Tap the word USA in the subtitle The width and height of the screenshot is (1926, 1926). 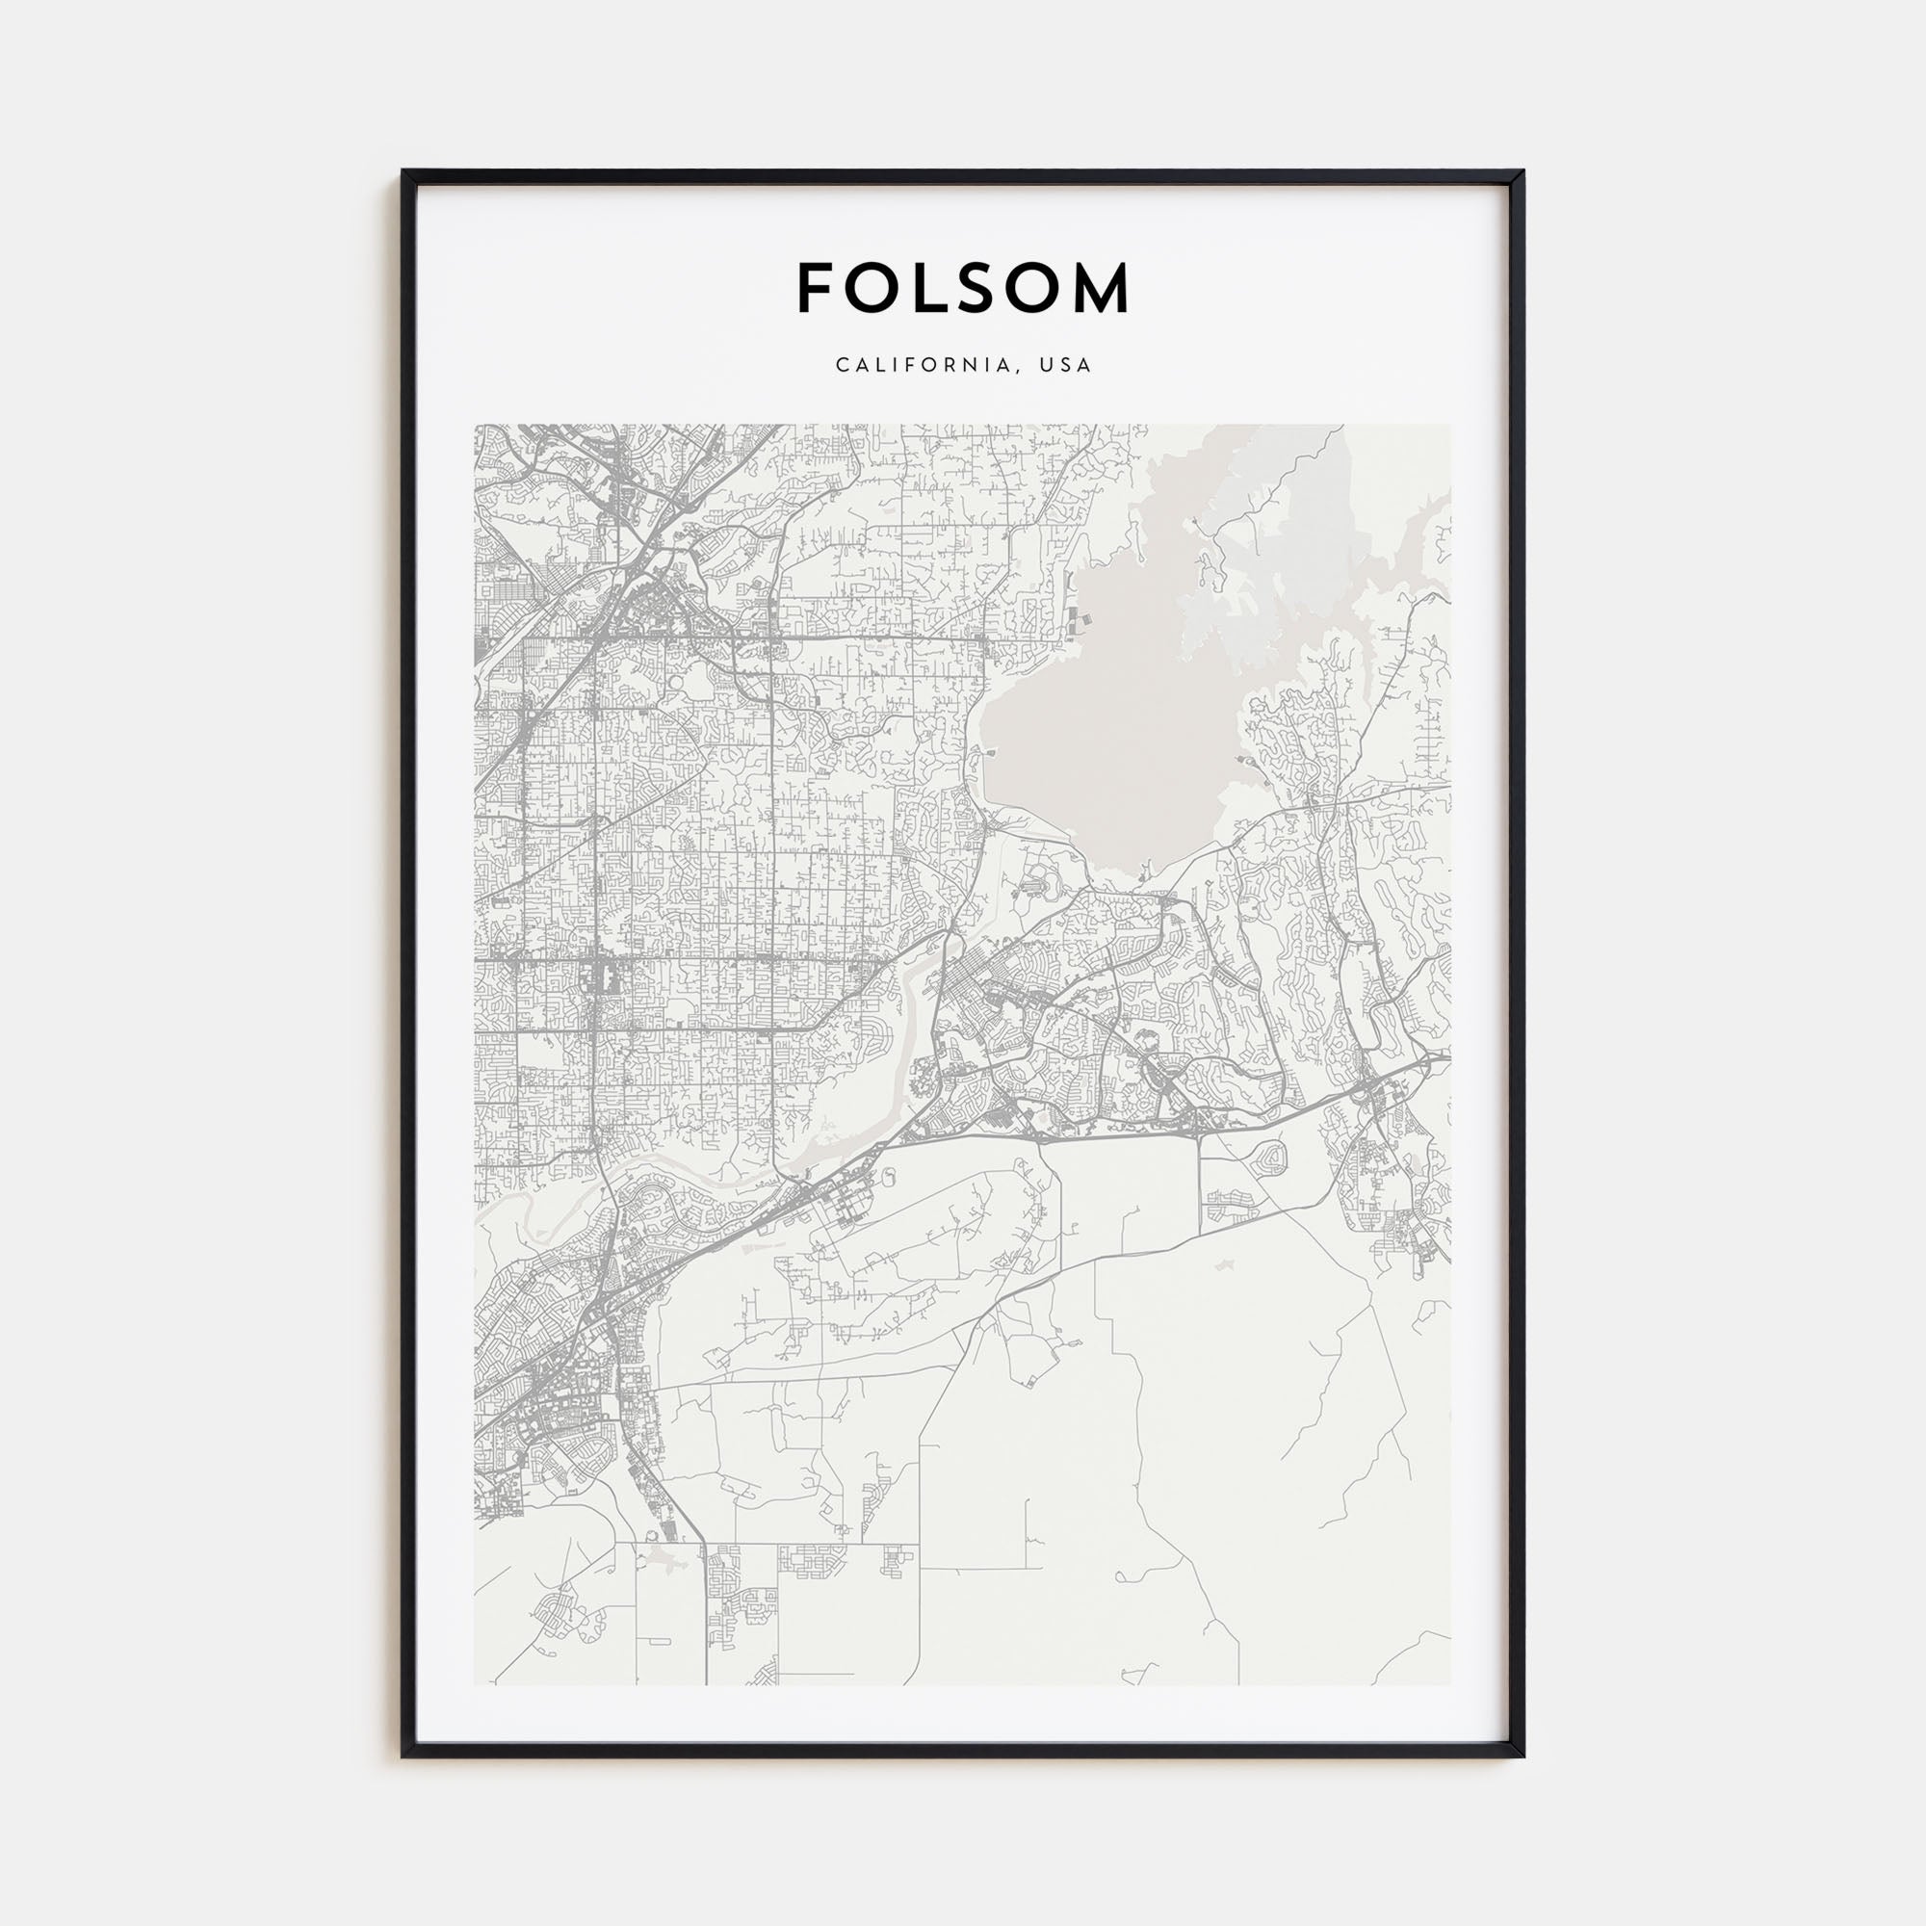1066,365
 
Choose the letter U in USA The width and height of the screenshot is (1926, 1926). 1046,365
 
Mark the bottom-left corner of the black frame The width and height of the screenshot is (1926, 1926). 403,1756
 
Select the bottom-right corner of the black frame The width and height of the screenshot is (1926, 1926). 1523,1756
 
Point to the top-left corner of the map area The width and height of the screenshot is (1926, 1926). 476,426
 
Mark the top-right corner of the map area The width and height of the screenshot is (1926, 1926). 1450,426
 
